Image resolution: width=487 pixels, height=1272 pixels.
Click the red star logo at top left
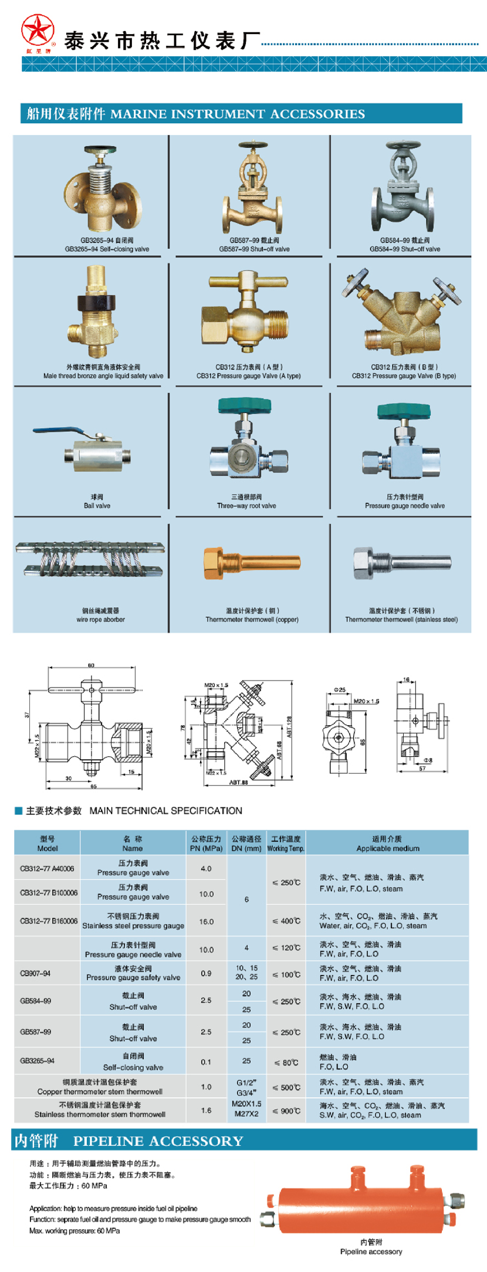[x=38, y=30]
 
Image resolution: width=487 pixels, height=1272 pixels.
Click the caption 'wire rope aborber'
[x=100, y=619]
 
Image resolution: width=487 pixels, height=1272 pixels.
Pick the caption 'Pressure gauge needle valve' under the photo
[x=404, y=506]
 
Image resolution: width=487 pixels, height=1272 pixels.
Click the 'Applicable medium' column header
[x=388, y=848]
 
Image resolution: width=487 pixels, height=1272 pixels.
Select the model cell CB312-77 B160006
[x=48, y=921]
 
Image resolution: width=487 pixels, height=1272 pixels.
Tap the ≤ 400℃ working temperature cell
[x=286, y=921]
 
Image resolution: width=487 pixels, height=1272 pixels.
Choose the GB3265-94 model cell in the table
[x=37, y=1061]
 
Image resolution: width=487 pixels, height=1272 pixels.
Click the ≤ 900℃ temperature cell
[x=286, y=1111]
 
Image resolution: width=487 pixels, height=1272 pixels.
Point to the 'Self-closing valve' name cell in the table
[x=133, y=1067]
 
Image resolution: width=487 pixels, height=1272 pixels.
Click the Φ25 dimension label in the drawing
[x=339, y=690]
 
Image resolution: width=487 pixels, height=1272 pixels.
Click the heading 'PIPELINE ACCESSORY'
[x=158, y=1141]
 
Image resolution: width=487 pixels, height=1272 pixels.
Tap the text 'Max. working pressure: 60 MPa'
[x=75, y=1230]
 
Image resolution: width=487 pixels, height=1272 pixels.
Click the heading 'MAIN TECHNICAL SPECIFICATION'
[x=165, y=811]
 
